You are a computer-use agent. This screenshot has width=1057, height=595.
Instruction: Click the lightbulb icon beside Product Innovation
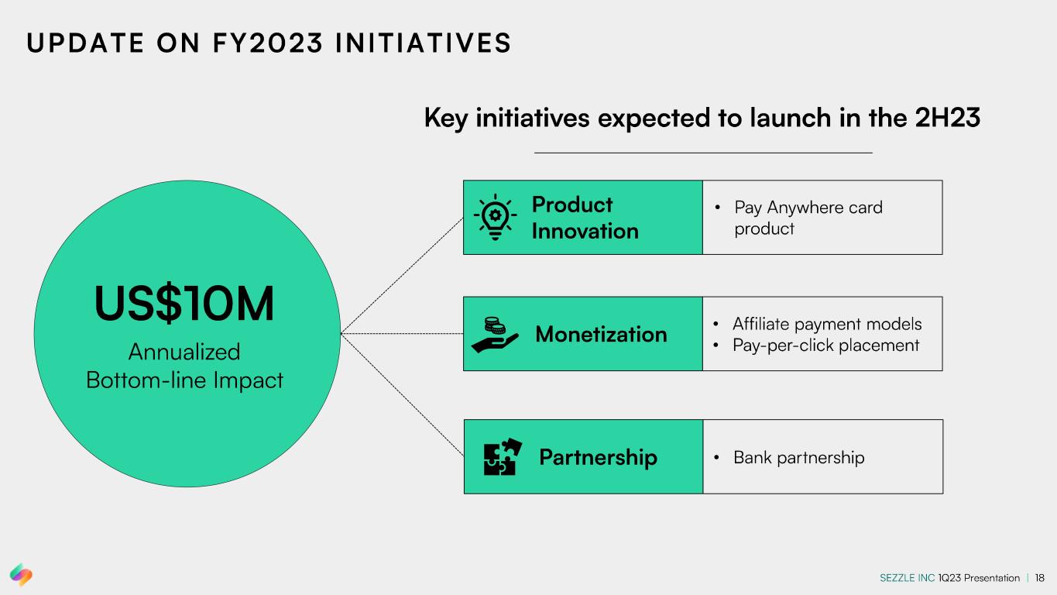[496, 217]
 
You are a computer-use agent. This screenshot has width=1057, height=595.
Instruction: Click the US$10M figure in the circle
[184, 304]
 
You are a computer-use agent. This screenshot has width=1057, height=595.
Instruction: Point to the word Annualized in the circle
[184, 352]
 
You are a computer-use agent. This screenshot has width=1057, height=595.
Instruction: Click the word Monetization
[601, 334]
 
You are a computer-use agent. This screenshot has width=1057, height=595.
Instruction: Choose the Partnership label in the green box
[598, 457]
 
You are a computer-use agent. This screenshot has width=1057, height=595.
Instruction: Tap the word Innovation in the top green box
[585, 231]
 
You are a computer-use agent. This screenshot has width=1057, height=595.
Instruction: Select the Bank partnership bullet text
[798, 457]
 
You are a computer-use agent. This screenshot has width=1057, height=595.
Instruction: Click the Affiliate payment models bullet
[827, 324]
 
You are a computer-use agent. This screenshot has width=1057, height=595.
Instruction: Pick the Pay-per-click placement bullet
[825, 345]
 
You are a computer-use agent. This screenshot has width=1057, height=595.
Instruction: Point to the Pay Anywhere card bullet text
[808, 208]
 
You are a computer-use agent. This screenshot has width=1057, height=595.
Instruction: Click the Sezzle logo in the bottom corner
[22, 574]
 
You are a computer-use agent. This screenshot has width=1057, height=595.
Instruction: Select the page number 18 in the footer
[1039, 578]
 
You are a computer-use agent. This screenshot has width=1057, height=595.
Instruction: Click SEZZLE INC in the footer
[907, 578]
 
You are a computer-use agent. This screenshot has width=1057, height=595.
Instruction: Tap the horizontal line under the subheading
[703, 153]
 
